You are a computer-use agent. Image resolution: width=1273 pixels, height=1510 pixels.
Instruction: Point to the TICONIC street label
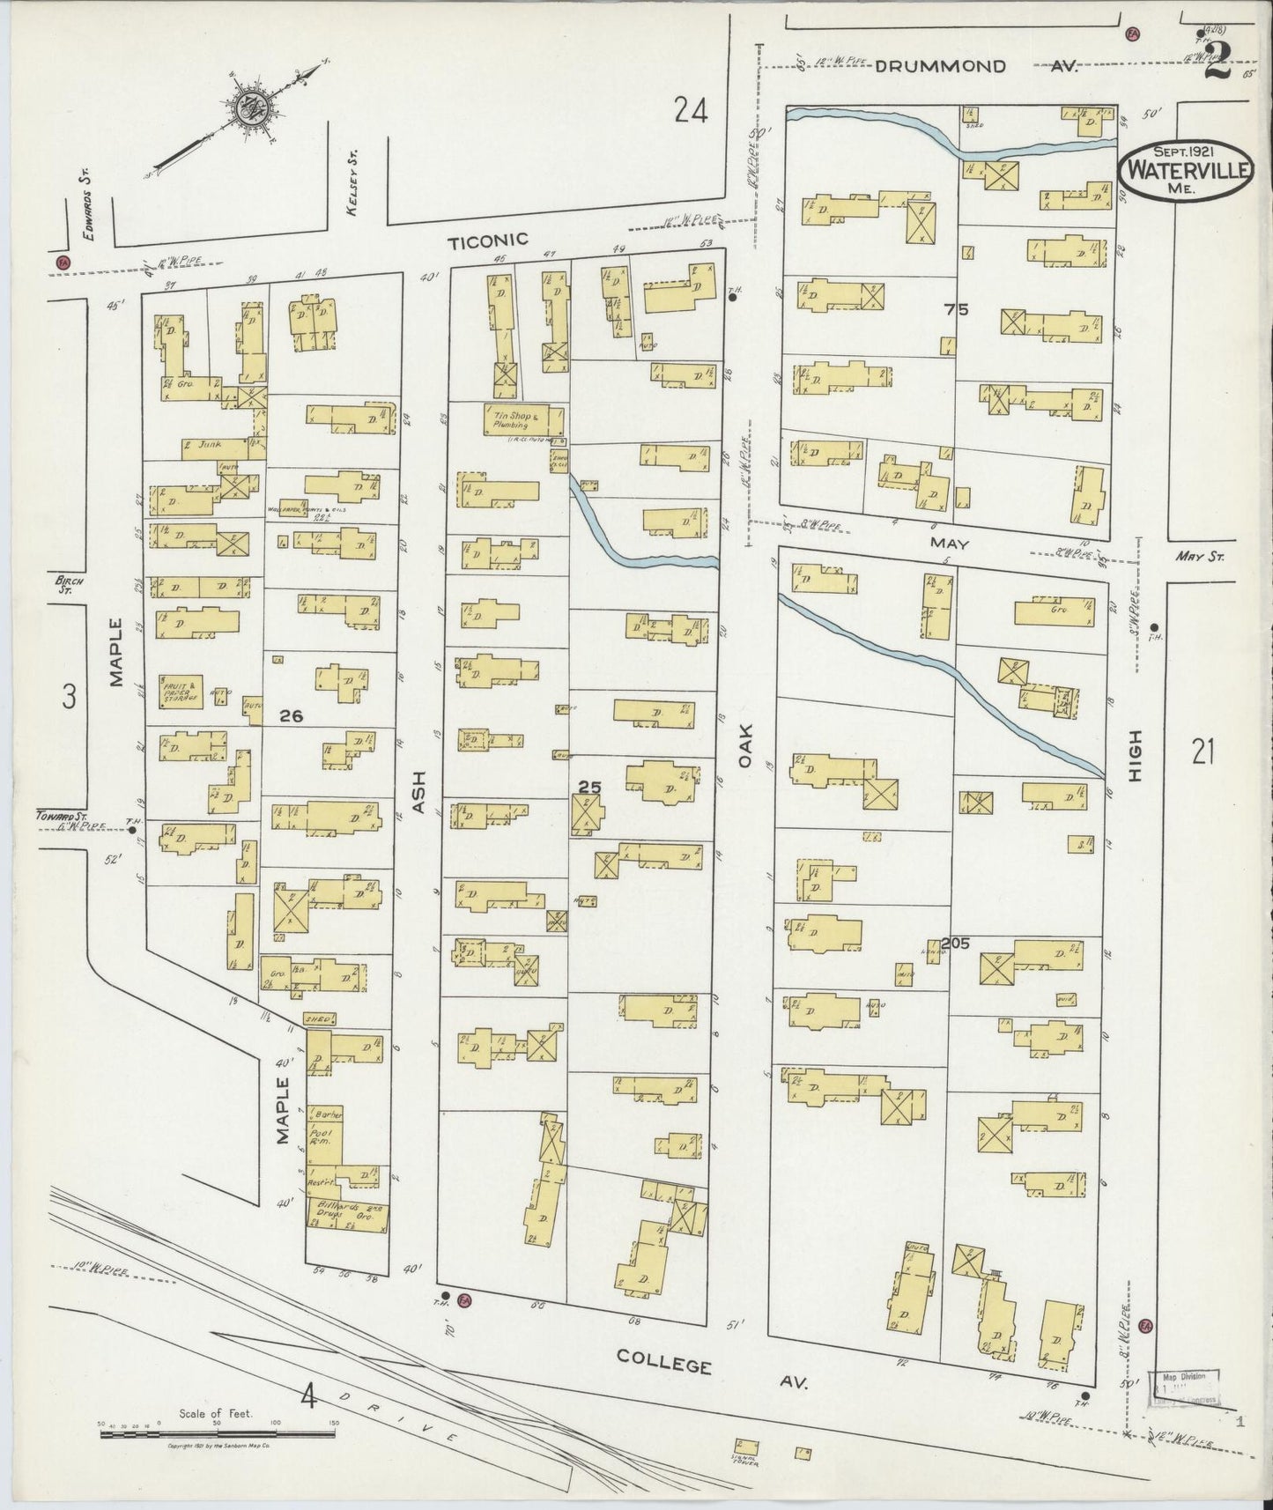487,240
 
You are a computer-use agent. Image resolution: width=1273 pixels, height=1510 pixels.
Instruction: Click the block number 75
956,309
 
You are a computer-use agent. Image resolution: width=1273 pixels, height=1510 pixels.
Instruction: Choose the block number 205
954,944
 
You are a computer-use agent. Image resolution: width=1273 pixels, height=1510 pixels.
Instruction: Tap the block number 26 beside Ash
291,716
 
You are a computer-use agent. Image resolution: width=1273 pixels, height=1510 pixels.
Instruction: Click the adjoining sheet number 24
691,111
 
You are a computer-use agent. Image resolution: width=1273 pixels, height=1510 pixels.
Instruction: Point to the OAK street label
745,744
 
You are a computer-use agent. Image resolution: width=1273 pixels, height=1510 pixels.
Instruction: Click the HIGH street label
1135,755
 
